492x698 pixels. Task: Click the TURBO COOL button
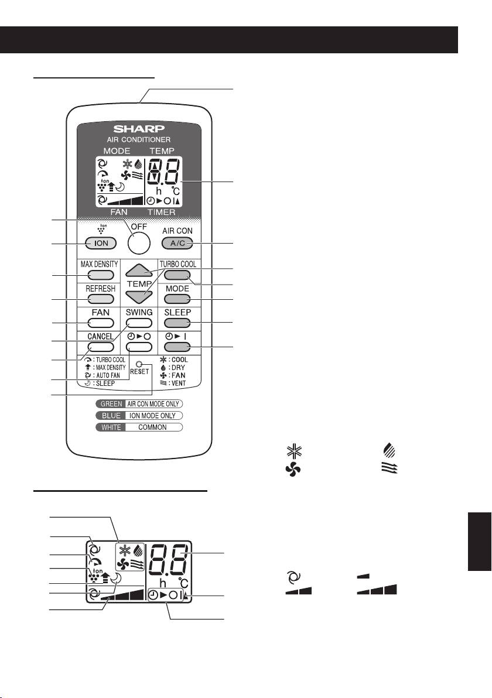tap(177, 275)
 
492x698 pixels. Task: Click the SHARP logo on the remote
tap(139, 128)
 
